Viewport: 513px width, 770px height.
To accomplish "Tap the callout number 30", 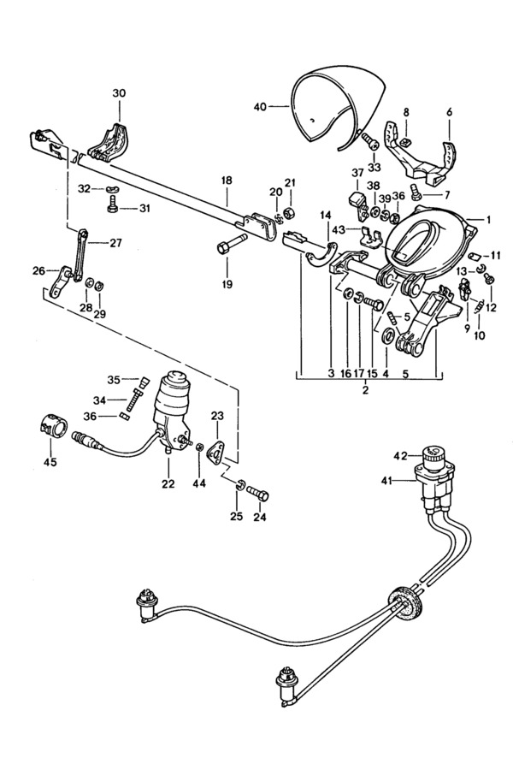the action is [x=120, y=92].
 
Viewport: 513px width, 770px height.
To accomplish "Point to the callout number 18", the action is [x=227, y=181].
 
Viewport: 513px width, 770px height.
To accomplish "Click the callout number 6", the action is [x=449, y=112].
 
